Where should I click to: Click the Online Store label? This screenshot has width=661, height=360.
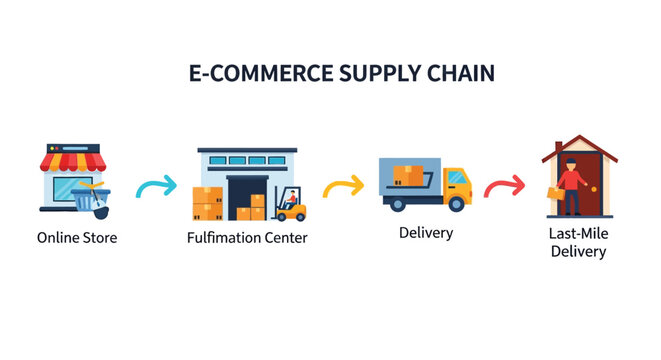point(77,238)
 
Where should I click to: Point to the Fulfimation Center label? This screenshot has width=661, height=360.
point(247,238)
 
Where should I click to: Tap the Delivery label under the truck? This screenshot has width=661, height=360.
point(426,233)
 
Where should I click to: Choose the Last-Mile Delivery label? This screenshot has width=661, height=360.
point(578,242)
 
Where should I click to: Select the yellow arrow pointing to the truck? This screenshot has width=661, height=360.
point(343,186)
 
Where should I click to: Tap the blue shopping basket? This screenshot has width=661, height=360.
point(91,200)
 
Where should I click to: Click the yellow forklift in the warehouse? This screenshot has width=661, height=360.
point(291,206)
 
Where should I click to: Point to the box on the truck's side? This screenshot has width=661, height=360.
point(409,176)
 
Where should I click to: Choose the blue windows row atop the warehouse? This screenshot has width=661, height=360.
point(247,160)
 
